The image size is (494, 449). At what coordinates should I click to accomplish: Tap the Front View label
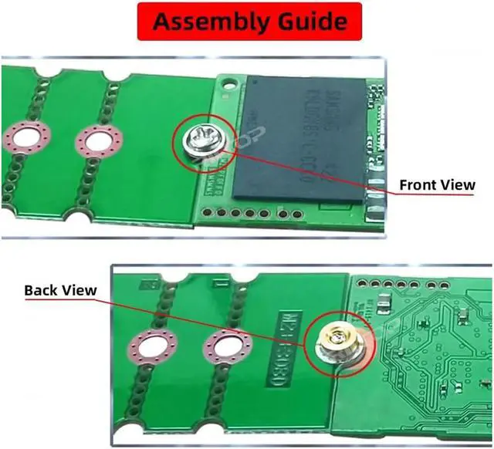click(437, 185)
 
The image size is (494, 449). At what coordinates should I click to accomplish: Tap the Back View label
click(60, 290)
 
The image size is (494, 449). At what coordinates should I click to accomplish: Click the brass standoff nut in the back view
click(337, 339)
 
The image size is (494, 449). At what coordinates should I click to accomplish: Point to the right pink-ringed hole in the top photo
click(100, 140)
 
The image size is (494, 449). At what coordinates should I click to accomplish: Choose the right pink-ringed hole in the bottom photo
click(228, 349)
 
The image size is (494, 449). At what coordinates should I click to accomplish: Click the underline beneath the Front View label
click(437, 195)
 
